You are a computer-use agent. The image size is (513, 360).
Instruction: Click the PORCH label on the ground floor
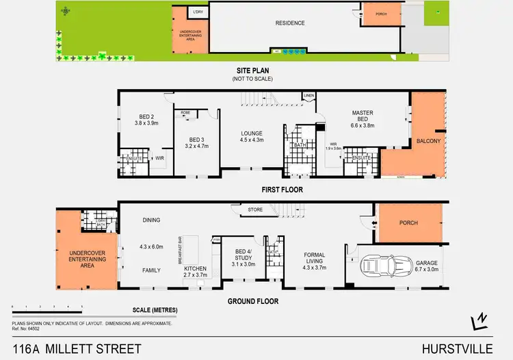click(408, 223)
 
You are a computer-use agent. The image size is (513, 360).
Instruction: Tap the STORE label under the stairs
click(256, 209)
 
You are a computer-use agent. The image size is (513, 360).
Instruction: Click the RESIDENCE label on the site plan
click(290, 23)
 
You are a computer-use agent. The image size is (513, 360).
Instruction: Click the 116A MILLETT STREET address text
click(77, 348)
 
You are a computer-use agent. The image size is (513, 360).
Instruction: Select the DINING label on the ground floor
click(150, 220)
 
